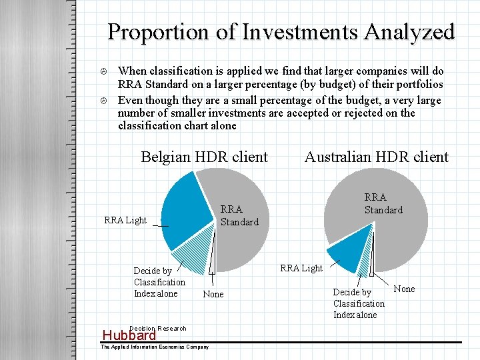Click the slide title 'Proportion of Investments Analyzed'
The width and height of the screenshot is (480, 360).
(281, 32)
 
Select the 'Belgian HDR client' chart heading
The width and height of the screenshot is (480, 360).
(204, 157)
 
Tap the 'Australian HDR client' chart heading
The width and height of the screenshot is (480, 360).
(376, 157)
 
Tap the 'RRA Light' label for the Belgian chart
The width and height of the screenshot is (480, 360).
(125, 221)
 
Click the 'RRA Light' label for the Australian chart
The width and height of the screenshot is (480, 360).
(301, 268)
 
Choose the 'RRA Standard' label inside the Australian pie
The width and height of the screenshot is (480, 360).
(383, 203)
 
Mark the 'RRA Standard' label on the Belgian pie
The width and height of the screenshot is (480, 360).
(239, 216)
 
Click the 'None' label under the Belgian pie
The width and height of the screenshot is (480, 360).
(213, 294)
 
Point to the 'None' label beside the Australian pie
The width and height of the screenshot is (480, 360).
(404, 289)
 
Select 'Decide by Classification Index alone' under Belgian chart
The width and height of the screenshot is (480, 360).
(159, 282)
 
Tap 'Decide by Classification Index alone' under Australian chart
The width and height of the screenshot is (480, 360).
(359, 303)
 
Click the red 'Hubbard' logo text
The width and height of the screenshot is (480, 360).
(128, 335)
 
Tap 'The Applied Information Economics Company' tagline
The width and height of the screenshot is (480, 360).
(155, 347)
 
